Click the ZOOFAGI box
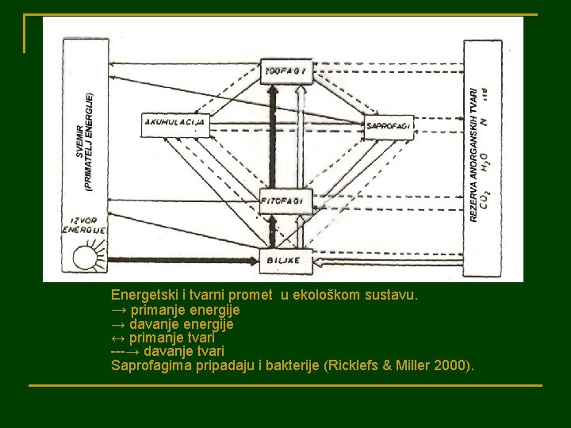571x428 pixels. pyautogui.click(x=287, y=71)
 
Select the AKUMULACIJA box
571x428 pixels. pyautogui.click(x=176, y=122)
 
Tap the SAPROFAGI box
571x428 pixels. pyautogui.click(x=389, y=126)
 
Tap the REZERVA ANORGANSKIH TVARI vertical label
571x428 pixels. pyautogui.click(x=473, y=155)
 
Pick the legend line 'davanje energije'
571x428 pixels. pyautogui.click(x=172, y=323)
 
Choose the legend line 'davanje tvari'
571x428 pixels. pyautogui.click(x=167, y=350)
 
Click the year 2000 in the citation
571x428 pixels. pyautogui.click(x=450, y=365)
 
